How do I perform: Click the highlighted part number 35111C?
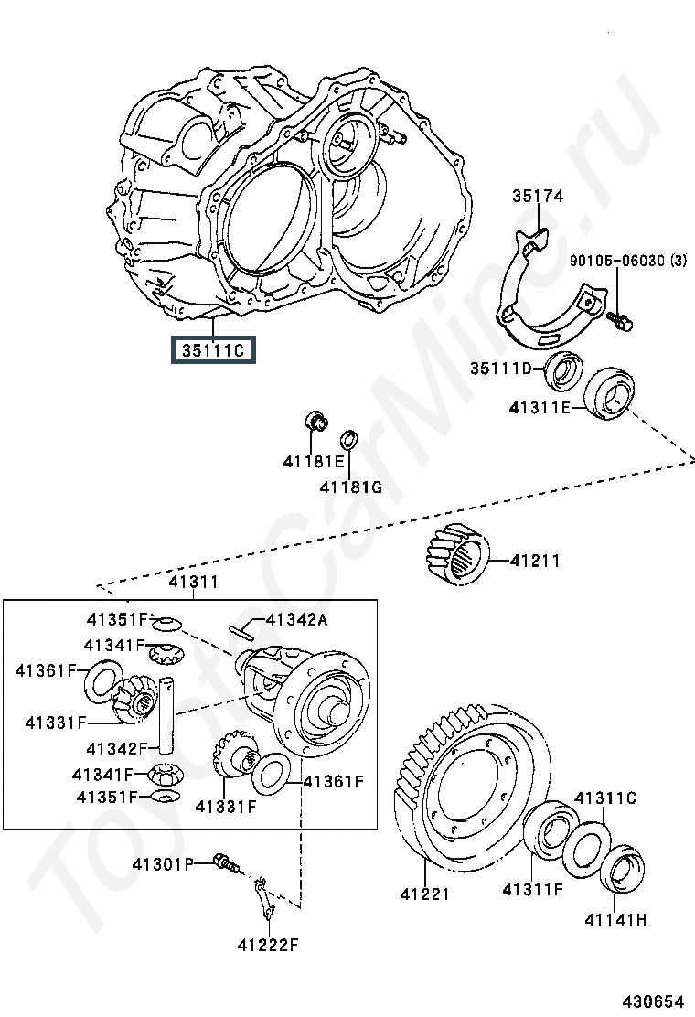213,349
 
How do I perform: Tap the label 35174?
538,196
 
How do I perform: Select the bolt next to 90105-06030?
620,320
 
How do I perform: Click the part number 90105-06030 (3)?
627,261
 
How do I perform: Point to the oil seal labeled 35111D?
562,371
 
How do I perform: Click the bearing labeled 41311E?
609,392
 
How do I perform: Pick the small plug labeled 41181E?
315,422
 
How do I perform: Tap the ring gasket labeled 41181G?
349,439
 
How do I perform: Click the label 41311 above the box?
193,582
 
